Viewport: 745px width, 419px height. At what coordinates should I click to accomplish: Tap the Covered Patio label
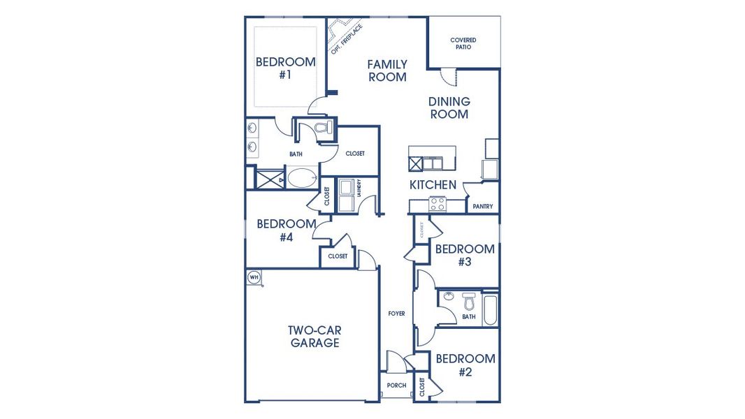(x=463, y=43)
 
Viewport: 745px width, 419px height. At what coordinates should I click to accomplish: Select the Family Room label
(x=387, y=71)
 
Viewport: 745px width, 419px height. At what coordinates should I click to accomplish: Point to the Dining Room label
(x=449, y=108)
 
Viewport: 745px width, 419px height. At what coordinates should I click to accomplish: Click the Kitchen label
(x=433, y=185)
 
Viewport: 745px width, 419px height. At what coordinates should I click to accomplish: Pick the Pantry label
(x=483, y=206)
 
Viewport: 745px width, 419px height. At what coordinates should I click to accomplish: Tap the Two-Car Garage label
(x=314, y=337)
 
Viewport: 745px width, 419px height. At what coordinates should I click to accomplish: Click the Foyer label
(x=396, y=314)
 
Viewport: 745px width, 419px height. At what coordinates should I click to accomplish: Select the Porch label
(x=396, y=385)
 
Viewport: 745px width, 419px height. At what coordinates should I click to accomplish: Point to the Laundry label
(x=358, y=189)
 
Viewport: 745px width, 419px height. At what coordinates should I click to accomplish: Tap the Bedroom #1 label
(x=284, y=68)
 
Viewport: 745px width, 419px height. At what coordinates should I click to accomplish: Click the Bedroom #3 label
(x=465, y=255)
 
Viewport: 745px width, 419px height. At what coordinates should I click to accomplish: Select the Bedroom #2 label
(x=465, y=365)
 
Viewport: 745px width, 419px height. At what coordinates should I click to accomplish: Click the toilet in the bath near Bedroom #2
(x=468, y=302)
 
